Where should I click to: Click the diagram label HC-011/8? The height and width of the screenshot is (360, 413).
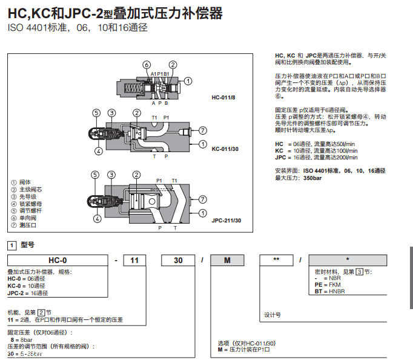click(224, 97)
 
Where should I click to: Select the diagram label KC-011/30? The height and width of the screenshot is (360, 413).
click(224, 148)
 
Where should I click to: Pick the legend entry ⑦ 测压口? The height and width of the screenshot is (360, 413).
click(25, 225)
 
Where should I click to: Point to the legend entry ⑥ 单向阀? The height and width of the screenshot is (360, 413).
click(25, 218)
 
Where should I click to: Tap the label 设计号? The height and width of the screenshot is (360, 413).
click(273, 315)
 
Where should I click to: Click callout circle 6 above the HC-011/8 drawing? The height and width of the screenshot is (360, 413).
click(146, 65)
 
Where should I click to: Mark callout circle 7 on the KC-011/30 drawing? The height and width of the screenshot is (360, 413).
click(203, 130)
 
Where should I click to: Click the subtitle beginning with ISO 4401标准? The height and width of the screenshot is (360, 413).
click(77, 28)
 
